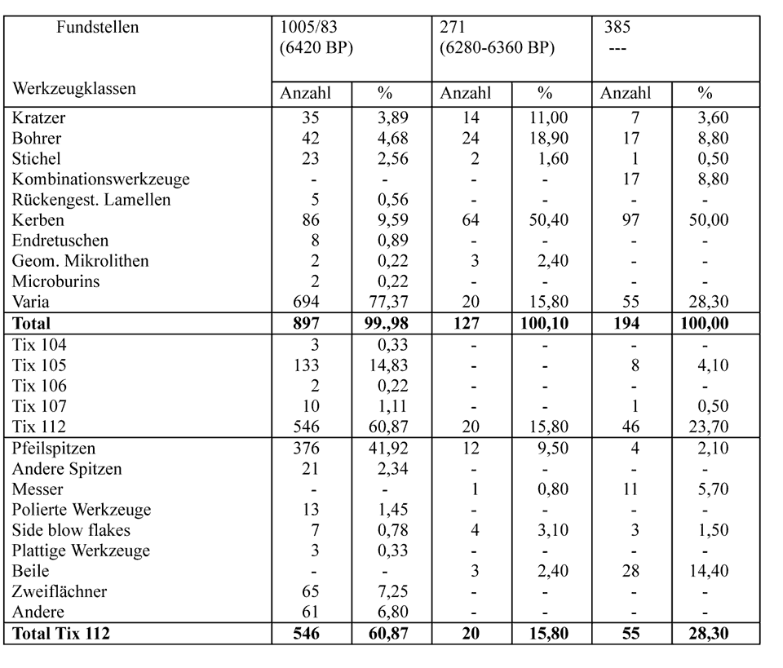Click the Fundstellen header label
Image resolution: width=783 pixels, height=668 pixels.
pos(97,27)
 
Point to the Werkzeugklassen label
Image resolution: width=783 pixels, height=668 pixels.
pos(74,87)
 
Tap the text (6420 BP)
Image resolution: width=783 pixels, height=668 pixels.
pos(316,47)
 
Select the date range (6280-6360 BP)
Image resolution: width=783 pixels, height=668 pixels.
pos(497,47)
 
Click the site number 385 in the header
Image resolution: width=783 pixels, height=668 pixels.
pos(617,27)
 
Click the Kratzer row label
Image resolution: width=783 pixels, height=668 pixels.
pos(39,117)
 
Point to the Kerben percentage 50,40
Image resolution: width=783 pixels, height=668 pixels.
pos(546,220)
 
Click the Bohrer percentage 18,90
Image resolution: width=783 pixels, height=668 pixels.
pos(546,138)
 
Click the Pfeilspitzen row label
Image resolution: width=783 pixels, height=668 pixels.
pos(55,448)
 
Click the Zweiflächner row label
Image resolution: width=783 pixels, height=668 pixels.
pos(60,591)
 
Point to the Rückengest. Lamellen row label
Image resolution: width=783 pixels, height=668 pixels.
pos(91,200)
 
